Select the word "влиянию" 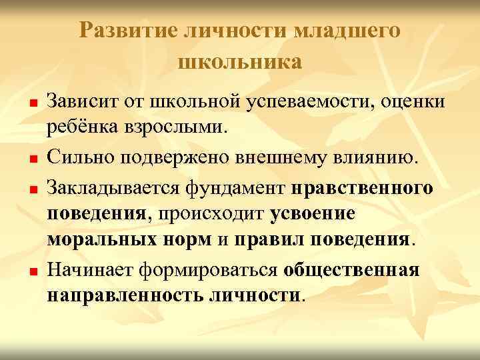pos(381,159)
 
